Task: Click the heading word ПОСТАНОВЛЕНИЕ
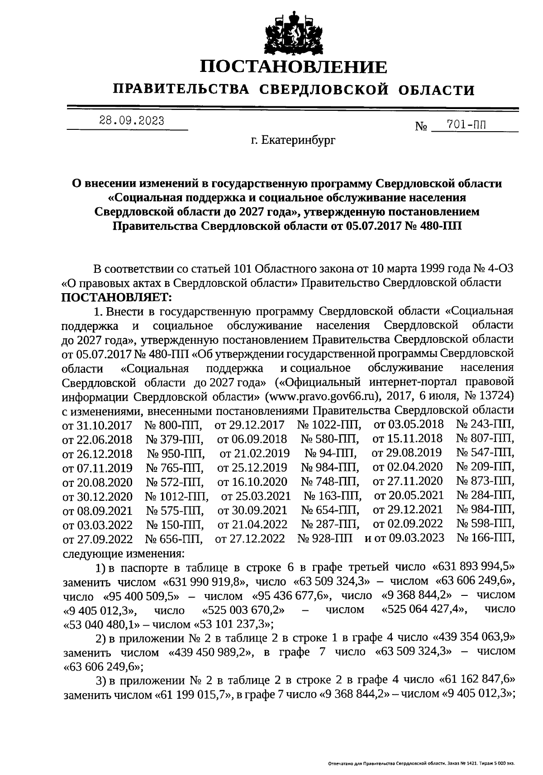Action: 294,67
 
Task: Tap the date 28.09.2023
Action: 132,121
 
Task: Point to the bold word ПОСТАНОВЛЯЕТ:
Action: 117,297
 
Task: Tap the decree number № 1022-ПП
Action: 329,425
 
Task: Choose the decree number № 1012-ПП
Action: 176,496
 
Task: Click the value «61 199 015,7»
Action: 194,694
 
